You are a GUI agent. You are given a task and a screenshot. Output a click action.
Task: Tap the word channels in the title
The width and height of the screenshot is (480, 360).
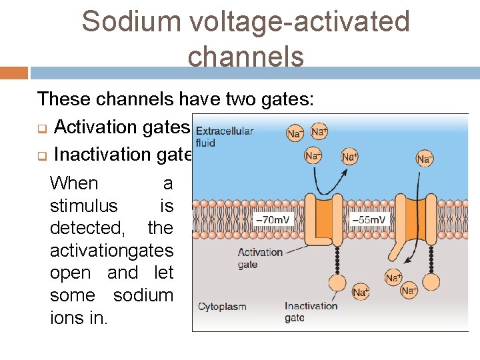[245, 57]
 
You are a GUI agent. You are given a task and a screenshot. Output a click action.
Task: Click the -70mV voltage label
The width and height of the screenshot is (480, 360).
[273, 219]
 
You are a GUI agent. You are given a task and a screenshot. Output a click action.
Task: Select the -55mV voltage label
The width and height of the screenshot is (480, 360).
[368, 219]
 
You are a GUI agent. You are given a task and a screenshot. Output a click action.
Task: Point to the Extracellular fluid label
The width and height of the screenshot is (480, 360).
[223, 137]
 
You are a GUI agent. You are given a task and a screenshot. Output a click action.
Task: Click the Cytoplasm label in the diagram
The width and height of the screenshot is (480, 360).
[222, 307]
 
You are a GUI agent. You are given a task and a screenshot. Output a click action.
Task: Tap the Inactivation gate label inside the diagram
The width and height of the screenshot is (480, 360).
[311, 312]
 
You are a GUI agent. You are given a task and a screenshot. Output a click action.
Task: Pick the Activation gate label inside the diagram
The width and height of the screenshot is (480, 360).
[260, 258]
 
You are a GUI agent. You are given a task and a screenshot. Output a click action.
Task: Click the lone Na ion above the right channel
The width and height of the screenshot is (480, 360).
[425, 158]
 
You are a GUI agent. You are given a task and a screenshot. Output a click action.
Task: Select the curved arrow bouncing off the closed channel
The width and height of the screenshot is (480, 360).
[329, 179]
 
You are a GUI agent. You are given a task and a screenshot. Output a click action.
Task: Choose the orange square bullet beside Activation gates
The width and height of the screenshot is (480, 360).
[41, 128]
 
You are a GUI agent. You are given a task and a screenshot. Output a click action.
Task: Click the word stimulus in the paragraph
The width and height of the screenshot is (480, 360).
[83, 205]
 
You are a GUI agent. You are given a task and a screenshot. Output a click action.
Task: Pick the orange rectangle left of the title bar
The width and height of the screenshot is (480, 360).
[14, 73]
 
